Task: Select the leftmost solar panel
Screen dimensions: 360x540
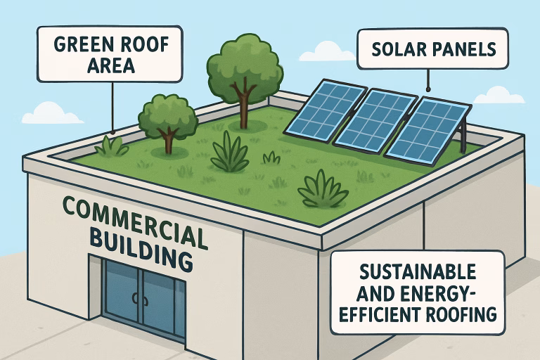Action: point(324,110)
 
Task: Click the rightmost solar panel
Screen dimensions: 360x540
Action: point(427,129)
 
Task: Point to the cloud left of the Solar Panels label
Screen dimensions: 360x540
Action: point(331,51)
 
